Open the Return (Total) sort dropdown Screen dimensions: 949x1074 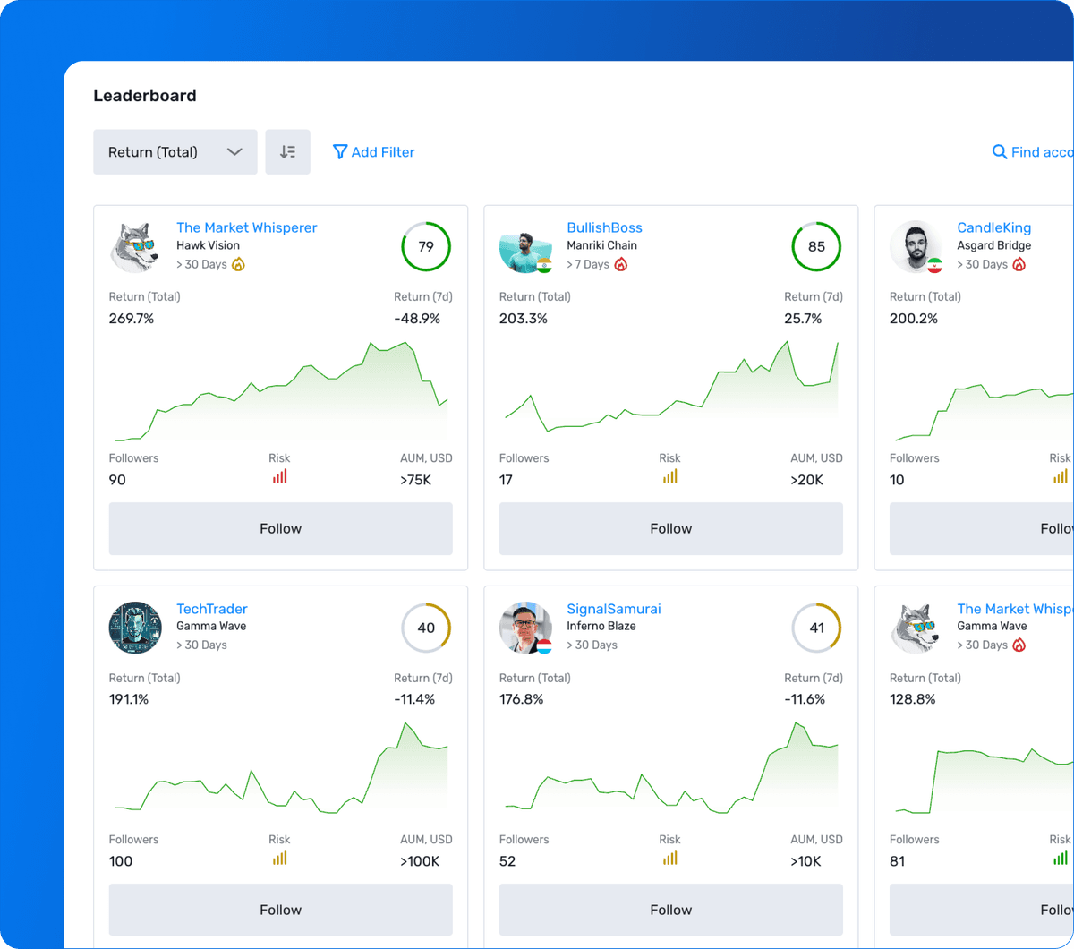pos(175,152)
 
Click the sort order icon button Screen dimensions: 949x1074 pos(287,152)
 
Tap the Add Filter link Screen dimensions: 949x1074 pos(374,152)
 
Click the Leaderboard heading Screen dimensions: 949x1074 pos(144,96)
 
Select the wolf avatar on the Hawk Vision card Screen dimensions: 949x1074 pos(135,246)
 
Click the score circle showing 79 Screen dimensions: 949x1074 pos(426,246)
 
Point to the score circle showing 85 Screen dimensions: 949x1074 pos(816,246)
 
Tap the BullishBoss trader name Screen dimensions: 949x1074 pos(604,227)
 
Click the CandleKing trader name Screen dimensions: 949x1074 pos(993,227)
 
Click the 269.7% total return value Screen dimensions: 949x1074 pos(132,319)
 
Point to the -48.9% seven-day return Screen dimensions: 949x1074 pos(417,319)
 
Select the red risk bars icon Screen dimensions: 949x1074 pos(279,477)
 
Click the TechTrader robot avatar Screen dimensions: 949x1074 pos(135,628)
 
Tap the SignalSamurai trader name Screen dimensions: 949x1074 pos(613,609)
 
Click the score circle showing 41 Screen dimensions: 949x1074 pos(816,628)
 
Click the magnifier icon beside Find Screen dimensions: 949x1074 pos(1000,152)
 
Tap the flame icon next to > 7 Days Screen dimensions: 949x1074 pos(621,264)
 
